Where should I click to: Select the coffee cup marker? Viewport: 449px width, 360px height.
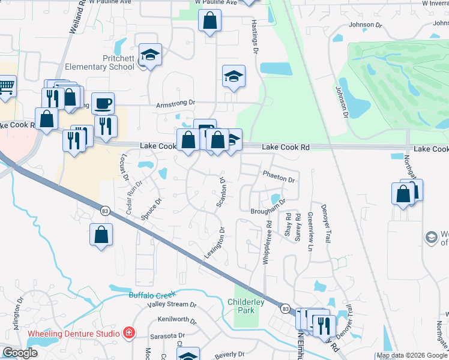[103, 104]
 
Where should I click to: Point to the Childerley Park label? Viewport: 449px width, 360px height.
[246, 306]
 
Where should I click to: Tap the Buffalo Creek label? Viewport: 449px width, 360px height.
[152, 295]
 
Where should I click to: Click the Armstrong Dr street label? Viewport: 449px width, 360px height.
[176, 104]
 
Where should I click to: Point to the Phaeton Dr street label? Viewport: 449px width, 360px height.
[279, 179]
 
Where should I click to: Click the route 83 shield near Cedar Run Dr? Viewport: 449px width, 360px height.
[106, 210]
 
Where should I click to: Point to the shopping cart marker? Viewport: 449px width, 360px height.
[6, 87]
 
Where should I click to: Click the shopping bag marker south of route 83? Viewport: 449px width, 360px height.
[101, 235]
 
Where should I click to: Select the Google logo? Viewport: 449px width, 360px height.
[20, 353]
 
